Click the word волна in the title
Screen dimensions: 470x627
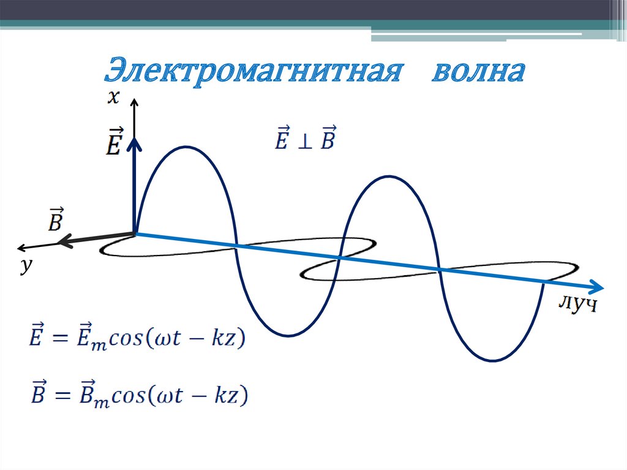pyautogui.click(x=479, y=72)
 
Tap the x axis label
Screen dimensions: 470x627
pyautogui.click(x=113, y=97)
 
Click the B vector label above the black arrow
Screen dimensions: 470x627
pyautogui.click(x=55, y=220)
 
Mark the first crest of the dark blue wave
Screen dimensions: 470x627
pyautogui.click(x=183, y=146)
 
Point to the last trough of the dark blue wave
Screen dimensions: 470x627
pyautogui.click(x=491, y=360)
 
